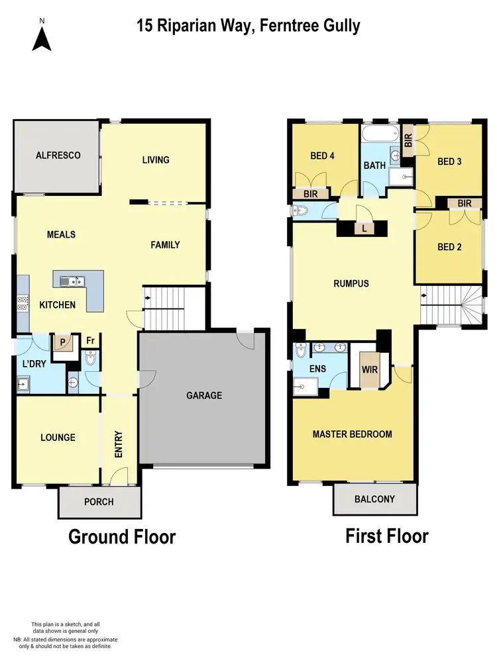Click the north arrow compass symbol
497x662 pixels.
click(x=42, y=39)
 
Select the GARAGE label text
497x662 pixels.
click(x=203, y=395)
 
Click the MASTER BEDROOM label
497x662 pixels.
click(x=352, y=434)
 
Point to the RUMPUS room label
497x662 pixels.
click(x=351, y=283)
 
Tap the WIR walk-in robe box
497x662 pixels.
click(x=370, y=370)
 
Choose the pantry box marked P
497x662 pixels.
click(x=64, y=343)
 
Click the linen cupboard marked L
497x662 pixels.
click(x=364, y=228)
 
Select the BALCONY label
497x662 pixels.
click(x=374, y=499)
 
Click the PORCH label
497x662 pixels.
click(x=99, y=502)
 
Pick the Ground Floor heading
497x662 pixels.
click(x=122, y=536)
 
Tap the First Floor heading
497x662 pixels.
click(x=387, y=536)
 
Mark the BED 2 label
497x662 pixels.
click(x=449, y=247)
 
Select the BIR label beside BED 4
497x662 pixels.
click(x=310, y=194)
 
